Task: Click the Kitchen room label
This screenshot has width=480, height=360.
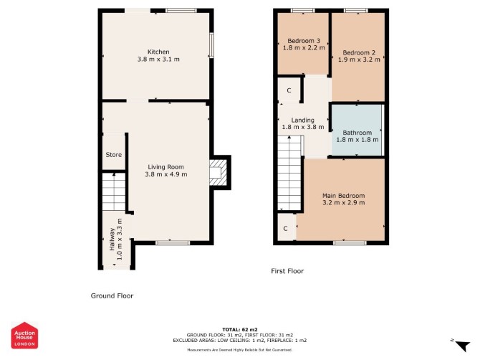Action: click(x=158, y=52)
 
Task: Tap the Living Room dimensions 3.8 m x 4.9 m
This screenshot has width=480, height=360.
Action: click(x=166, y=174)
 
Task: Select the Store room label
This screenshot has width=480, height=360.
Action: click(x=114, y=155)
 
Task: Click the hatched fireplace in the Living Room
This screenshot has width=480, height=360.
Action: click(x=219, y=173)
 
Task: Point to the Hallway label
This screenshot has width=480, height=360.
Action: click(x=112, y=240)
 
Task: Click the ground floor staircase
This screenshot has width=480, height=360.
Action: click(x=114, y=191)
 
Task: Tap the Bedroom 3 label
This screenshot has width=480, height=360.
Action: click(x=304, y=41)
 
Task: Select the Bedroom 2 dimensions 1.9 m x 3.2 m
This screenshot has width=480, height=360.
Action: click(x=359, y=60)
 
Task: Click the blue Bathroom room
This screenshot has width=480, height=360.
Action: click(x=357, y=131)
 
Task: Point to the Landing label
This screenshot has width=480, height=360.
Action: click(x=302, y=120)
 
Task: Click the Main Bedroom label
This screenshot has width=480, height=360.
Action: click(x=343, y=196)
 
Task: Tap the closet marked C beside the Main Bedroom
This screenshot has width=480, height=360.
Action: click(x=287, y=227)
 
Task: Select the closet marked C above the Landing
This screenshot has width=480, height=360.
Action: click(x=289, y=90)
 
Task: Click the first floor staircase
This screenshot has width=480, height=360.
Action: click(x=289, y=173)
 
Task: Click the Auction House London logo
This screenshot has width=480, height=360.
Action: click(x=25, y=335)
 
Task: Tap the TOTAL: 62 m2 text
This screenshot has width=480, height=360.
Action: click(x=240, y=330)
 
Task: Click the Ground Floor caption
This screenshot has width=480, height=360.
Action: click(x=112, y=295)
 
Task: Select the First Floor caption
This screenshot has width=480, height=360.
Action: click(x=287, y=271)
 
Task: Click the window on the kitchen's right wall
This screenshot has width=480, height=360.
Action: click(x=211, y=44)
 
